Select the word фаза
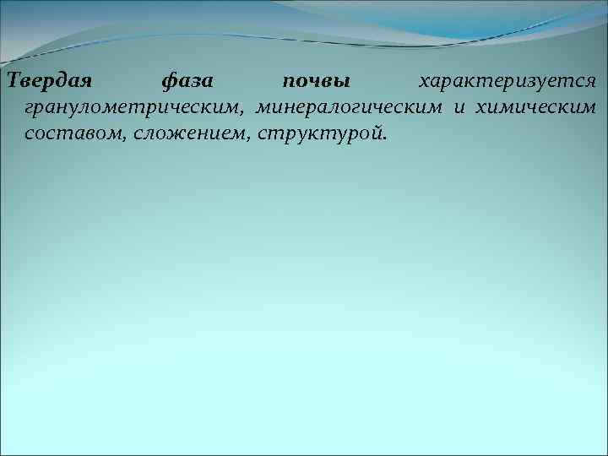tap(187, 83)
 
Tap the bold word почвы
tap(316, 83)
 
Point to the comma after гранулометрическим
tap(244, 113)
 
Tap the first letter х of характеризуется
tap(425, 83)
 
